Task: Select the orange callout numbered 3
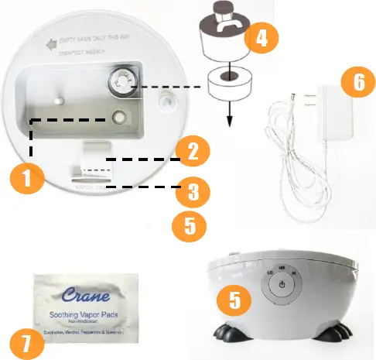[189, 189]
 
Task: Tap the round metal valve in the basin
[121, 80]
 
